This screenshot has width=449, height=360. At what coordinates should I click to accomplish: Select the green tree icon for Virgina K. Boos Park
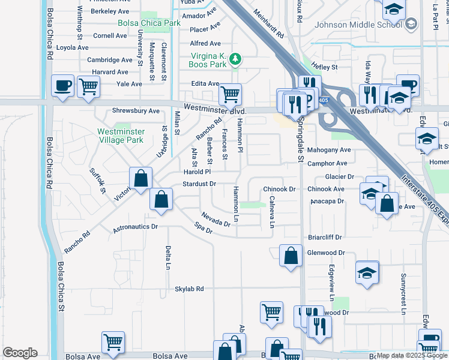238,58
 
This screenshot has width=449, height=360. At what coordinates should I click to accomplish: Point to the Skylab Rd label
189,289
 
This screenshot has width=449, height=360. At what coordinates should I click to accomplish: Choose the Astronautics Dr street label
135,227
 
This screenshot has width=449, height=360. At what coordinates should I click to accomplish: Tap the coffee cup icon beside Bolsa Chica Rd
62,86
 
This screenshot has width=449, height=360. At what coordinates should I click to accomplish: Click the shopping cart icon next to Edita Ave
230,94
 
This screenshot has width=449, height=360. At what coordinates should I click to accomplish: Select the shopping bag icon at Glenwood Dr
291,256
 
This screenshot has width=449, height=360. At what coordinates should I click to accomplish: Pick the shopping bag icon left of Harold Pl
140,178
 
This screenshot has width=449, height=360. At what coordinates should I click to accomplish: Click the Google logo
20,353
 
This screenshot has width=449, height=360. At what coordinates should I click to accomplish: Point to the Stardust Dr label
199,184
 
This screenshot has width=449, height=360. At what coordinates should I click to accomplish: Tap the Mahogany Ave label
328,150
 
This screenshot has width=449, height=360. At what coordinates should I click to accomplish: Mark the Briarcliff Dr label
325,237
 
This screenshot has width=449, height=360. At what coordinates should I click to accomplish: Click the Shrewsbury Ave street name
136,111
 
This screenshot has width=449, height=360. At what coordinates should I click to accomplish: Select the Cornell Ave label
110,36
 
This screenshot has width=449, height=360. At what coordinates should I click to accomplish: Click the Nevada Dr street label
215,219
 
